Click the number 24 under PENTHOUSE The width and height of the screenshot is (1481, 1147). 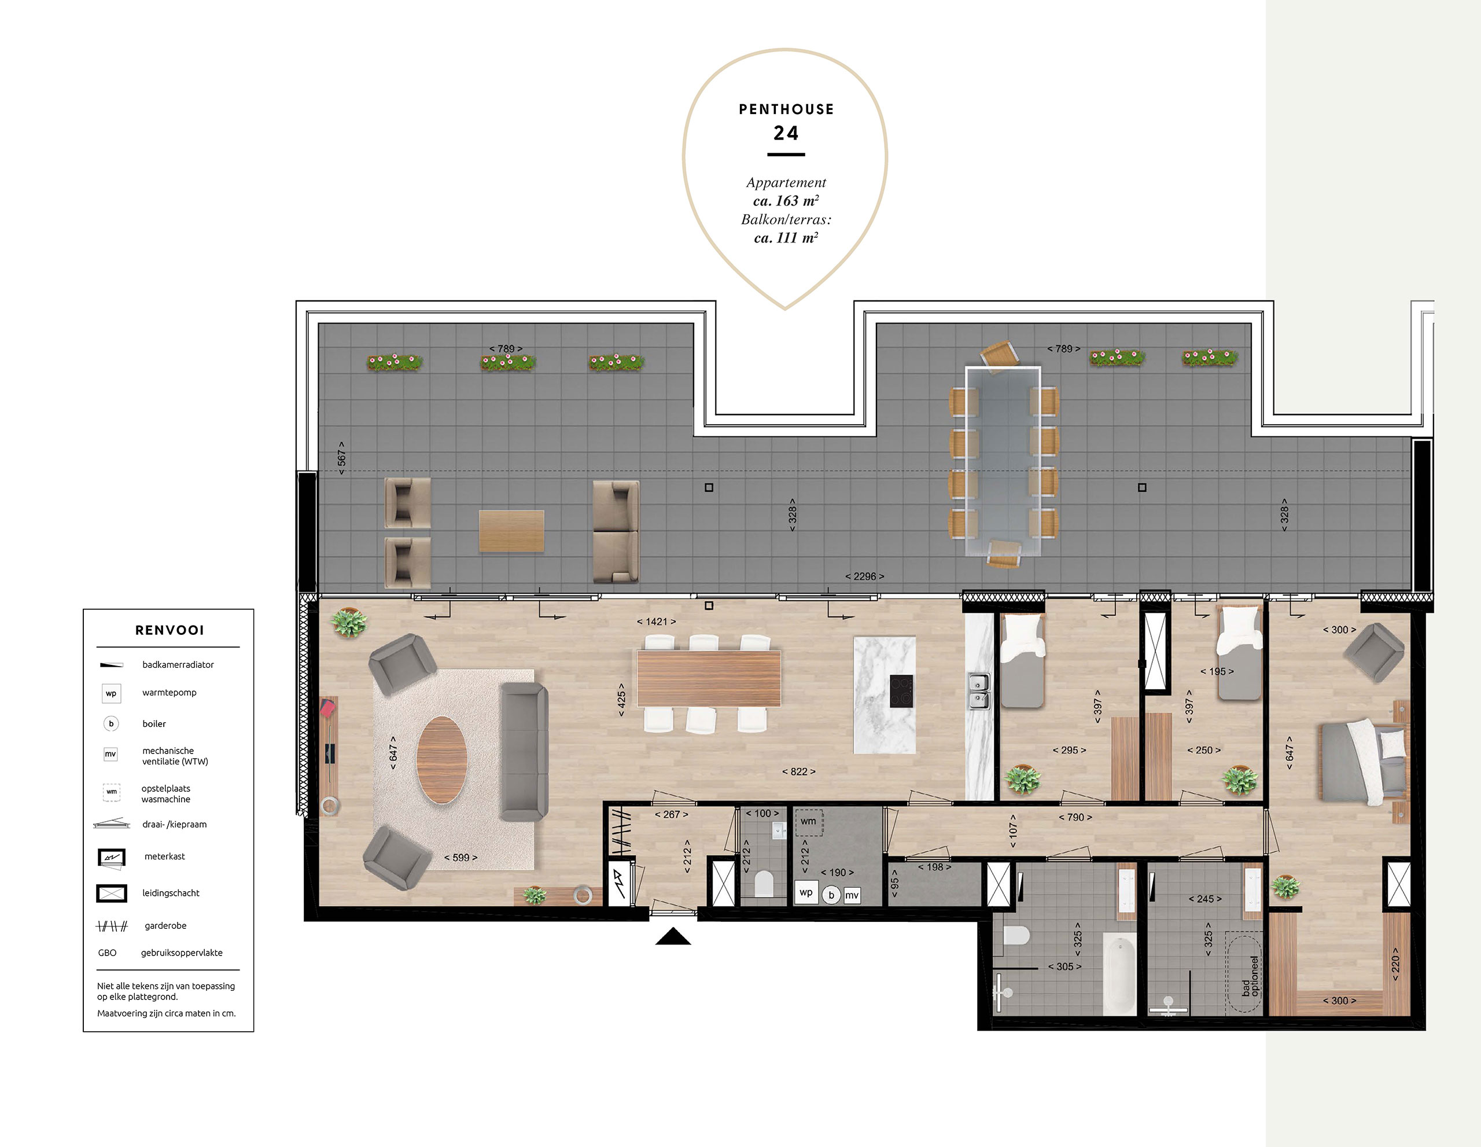click(786, 133)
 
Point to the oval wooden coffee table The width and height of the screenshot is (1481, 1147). click(442, 760)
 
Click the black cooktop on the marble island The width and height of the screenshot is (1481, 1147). click(901, 691)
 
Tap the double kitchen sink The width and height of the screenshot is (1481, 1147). click(977, 691)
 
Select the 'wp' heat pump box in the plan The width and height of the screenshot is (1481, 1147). click(806, 892)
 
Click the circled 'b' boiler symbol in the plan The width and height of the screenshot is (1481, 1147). click(831, 895)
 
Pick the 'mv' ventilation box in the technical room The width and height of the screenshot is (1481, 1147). click(852, 895)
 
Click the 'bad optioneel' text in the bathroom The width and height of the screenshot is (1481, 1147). click(1249, 976)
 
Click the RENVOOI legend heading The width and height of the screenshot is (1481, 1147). click(170, 630)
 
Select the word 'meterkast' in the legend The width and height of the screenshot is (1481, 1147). click(165, 856)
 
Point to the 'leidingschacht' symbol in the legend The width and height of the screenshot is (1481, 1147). click(112, 894)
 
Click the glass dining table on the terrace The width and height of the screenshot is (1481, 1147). click(1003, 461)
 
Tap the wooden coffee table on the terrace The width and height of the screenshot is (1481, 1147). click(511, 531)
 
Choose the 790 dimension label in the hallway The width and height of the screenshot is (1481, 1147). click(1075, 817)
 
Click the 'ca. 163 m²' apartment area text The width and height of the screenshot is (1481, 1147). click(786, 201)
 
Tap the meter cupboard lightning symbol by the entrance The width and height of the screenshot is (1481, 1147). click(620, 883)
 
